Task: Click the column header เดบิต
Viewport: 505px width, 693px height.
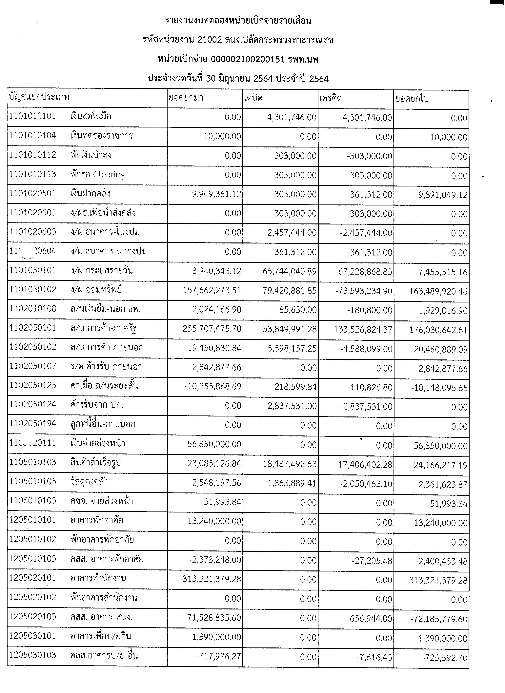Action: pos(253,98)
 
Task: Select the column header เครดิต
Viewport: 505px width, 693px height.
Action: pos(331,98)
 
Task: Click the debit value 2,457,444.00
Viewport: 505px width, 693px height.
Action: pos(292,233)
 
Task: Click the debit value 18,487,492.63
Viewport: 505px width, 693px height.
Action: pos(290,464)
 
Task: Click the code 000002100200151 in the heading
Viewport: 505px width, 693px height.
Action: pos(248,59)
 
